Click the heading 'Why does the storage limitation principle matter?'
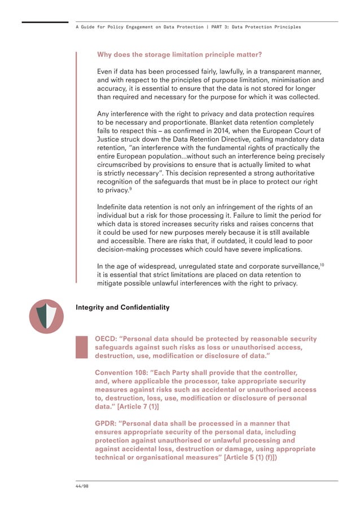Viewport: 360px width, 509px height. pos(179,55)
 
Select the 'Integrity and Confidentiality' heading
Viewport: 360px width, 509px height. pos(122,308)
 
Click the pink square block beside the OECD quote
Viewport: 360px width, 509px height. pos(82,346)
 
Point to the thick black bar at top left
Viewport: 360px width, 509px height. pos(45,22)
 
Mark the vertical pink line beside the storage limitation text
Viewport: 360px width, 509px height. pos(77,169)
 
